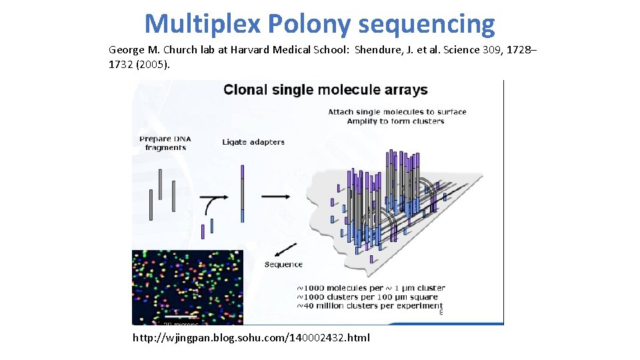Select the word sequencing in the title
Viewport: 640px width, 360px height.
pyautogui.click(x=427, y=25)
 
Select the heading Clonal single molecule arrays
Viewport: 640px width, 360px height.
pyautogui.click(x=325, y=90)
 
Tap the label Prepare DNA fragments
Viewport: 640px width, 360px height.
pyautogui.click(x=165, y=143)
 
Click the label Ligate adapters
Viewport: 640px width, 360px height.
pyautogui.click(x=253, y=142)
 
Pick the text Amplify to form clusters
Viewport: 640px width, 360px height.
pyautogui.click(x=395, y=121)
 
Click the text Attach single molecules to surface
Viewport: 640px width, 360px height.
pyautogui.click(x=397, y=112)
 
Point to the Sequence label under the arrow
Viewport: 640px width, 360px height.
pyautogui.click(x=283, y=265)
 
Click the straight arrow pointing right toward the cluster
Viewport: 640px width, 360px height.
pyautogui.click(x=275, y=196)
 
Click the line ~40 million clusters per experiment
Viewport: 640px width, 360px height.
pyautogui.click(x=371, y=306)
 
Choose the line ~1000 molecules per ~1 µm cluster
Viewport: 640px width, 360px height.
pyautogui.click(x=371, y=288)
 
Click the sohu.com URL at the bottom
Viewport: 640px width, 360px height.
pyautogui.click(x=251, y=338)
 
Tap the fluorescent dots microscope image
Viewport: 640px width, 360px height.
pyautogui.click(x=187, y=287)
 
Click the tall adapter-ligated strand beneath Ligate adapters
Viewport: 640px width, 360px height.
pyautogui.click(x=243, y=193)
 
